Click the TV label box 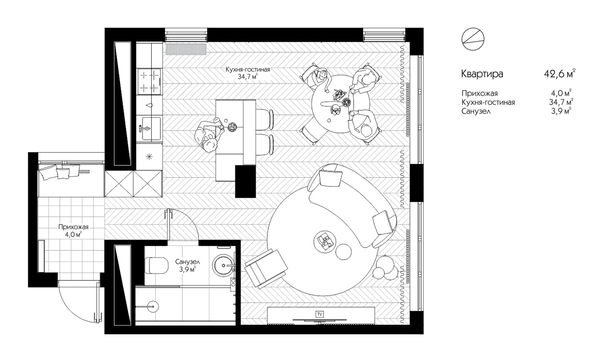tap(320, 314)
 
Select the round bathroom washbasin tap(224, 265)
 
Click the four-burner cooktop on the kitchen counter tap(149, 82)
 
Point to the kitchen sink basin tap(151, 129)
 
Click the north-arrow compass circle tap(473, 39)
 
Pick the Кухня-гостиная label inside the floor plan tap(248, 70)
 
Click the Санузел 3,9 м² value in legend tap(561, 111)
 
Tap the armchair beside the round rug tap(266, 269)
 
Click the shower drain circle tap(153, 306)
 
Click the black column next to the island tap(245, 182)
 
